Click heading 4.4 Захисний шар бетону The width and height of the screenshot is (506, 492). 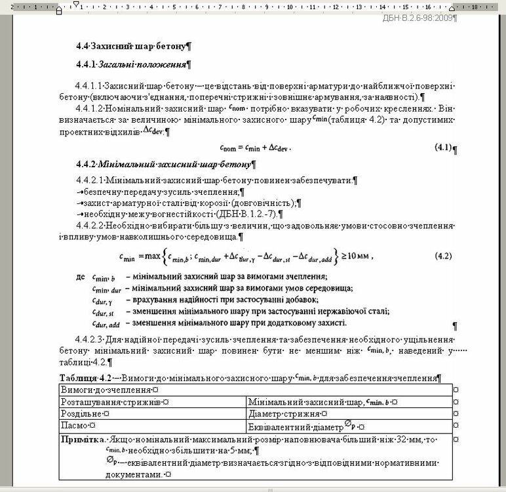pyautogui.click(x=132, y=47)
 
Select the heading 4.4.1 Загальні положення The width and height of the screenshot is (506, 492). pyautogui.click(x=132, y=65)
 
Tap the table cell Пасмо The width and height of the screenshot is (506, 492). pyautogui.click(x=77, y=426)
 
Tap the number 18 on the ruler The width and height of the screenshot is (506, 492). pyautogui.click(x=473, y=7)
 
